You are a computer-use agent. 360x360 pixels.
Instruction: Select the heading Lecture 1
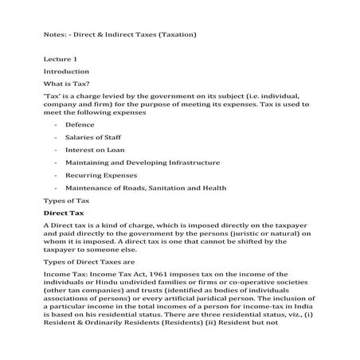coord(61,60)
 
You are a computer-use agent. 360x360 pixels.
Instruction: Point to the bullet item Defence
coord(80,125)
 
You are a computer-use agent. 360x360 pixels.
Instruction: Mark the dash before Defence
coord(55,125)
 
